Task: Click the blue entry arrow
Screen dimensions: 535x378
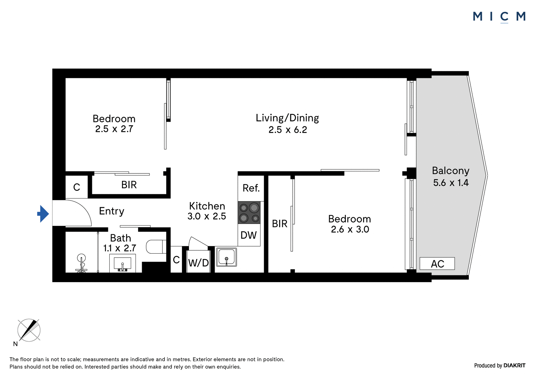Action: pyautogui.click(x=43, y=214)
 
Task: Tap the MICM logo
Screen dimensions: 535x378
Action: pyautogui.click(x=499, y=17)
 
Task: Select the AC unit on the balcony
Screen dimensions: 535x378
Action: pyautogui.click(x=437, y=264)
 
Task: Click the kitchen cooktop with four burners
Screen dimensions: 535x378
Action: pyautogui.click(x=249, y=213)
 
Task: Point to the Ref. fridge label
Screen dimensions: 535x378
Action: pyautogui.click(x=251, y=188)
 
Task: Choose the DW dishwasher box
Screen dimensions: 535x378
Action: pyautogui.click(x=249, y=235)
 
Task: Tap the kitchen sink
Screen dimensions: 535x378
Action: pyautogui.click(x=226, y=257)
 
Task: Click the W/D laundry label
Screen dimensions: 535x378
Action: pyautogui.click(x=199, y=263)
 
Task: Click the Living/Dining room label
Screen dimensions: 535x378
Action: pyautogui.click(x=287, y=118)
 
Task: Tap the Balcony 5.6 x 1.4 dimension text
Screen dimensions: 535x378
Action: pyautogui.click(x=451, y=183)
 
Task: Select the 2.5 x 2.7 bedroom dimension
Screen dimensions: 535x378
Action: pyautogui.click(x=114, y=129)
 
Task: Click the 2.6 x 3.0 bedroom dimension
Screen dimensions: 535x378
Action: pyautogui.click(x=350, y=230)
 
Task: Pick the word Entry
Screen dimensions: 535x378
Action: pyautogui.click(x=112, y=211)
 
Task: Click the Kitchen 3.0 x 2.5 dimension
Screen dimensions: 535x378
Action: pyautogui.click(x=207, y=216)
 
